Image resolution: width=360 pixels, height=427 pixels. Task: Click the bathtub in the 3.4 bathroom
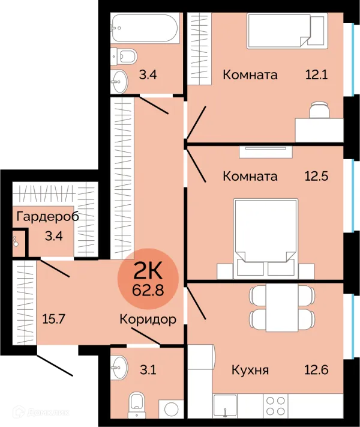(x=145, y=28)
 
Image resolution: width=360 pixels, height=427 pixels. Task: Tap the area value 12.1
(x=316, y=74)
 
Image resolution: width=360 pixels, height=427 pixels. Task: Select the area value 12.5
(x=316, y=176)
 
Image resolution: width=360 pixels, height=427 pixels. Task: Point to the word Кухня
(x=250, y=370)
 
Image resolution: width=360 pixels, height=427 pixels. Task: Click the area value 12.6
(x=316, y=370)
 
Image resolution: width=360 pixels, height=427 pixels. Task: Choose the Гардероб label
(x=48, y=217)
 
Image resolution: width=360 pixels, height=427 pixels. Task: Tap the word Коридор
(x=148, y=319)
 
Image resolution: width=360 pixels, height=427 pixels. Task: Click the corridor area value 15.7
(x=53, y=319)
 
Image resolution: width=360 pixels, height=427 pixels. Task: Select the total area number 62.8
(x=148, y=290)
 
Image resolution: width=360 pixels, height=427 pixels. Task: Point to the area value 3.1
(x=148, y=370)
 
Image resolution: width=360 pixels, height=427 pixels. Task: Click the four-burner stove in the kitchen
(x=275, y=405)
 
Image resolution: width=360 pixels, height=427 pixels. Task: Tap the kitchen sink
(x=225, y=405)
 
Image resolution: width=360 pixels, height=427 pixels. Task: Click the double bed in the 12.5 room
(x=266, y=238)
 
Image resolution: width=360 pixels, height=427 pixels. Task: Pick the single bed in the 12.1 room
(x=287, y=31)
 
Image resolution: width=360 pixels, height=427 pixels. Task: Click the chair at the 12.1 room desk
(x=319, y=109)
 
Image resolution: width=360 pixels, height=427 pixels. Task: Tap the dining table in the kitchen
(x=282, y=307)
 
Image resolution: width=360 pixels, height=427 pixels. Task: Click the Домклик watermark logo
(x=41, y=413)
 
